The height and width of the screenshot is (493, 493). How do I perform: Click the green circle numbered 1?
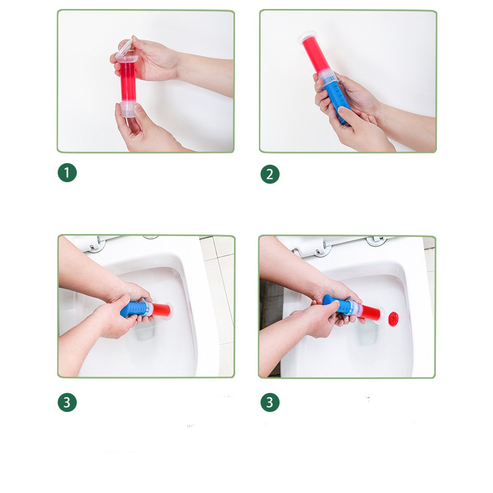click(x=67, y=173)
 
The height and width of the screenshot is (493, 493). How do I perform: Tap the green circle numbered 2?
click(x=270, y=174)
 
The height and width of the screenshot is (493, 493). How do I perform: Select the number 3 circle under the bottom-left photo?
click(x=67, y=402)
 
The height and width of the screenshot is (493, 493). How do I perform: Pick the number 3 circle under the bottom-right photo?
click(x=270, y=402)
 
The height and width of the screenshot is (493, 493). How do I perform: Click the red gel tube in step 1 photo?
click(x=128, y=82)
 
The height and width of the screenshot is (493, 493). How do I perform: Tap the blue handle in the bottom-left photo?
click(x=133, y=309)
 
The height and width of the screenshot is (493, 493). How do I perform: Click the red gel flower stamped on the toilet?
click(x=393, y=319)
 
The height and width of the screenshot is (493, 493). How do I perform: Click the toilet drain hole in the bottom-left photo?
click(x=145, y=331)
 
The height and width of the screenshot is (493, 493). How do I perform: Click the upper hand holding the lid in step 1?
click(x=151, y=60)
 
